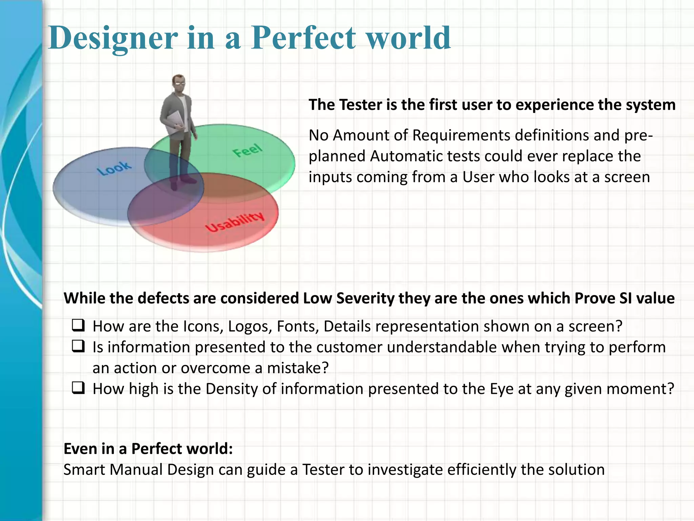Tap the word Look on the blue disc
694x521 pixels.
coord(114,168)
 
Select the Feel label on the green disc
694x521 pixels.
coord(247,150)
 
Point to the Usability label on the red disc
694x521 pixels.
coord(235,222)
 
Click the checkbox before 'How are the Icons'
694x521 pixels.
coord(78,326)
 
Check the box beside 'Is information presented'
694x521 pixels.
coord(78,347)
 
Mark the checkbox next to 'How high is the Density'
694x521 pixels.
coord(78,388)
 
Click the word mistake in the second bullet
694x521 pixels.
coord(298,368)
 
